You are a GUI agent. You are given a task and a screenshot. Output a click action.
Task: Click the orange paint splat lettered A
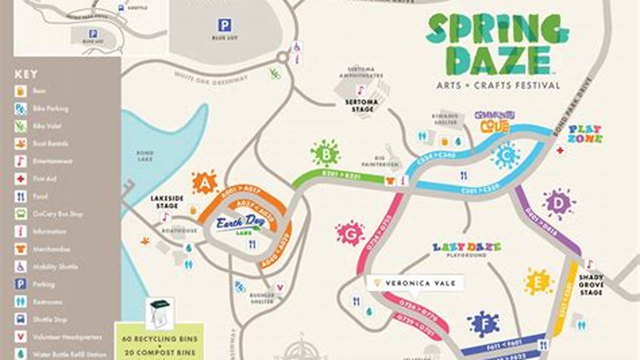[x=204, y=182]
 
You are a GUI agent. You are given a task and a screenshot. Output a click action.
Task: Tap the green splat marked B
[x=325, y=154]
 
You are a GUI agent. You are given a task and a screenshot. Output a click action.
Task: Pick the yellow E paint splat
[x=538, y=281]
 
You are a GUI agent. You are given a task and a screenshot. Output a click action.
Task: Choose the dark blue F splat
[x=483, y=323]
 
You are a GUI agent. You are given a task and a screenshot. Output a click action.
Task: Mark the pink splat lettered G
[x=350, y=233]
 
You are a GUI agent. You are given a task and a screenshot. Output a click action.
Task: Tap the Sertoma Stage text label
[x=362, y=105]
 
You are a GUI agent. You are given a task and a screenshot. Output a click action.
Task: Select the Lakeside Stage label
[x=167, y=202]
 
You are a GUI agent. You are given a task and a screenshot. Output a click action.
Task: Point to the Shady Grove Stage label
[x=591, y=284]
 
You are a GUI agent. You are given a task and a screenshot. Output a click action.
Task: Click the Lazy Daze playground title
[x=466, y=247]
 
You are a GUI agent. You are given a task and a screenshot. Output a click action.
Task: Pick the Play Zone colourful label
[x=585, y=134]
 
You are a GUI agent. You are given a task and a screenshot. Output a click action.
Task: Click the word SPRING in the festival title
[x=497, y=29]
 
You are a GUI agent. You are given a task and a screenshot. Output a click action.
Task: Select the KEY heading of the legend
[x=26, y=74]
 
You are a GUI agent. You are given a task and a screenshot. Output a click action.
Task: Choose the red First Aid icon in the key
[x=21, y=179]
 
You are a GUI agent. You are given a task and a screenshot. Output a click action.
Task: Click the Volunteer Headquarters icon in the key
[x=21, y=337]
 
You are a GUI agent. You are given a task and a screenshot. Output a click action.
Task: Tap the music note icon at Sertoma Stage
[x=361, y=90]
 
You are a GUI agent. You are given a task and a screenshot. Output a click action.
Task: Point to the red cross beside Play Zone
[x=560, y=149]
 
